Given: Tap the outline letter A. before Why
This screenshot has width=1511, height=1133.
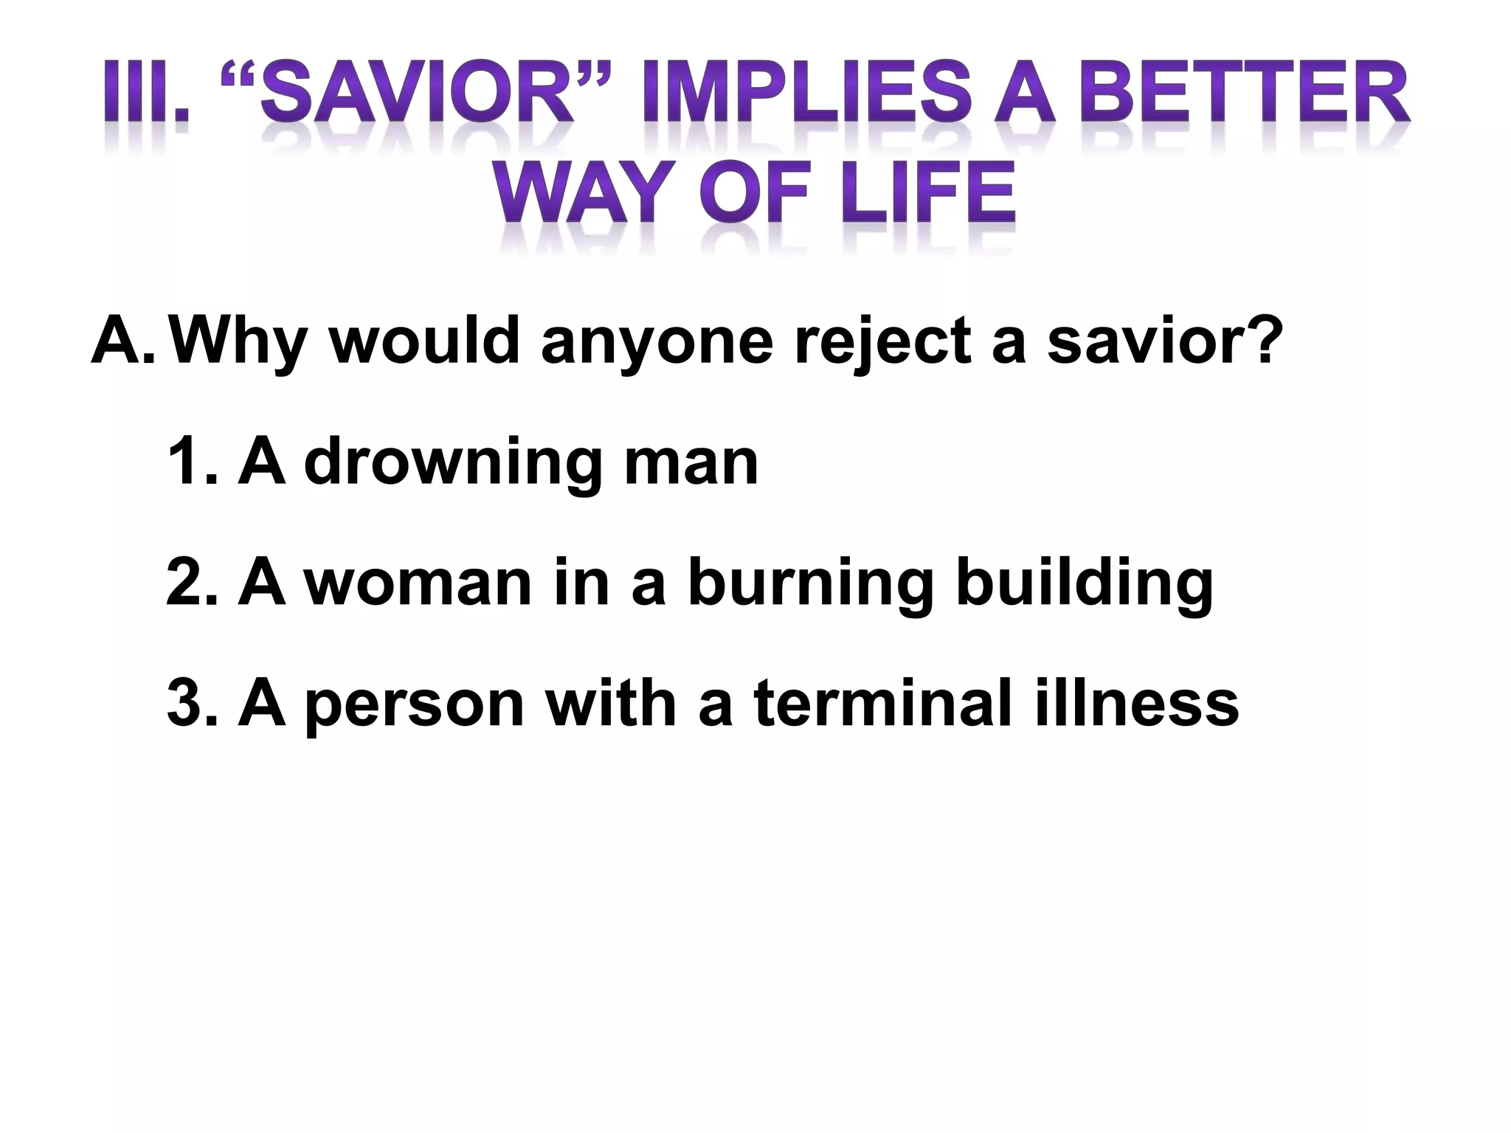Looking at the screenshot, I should coord(122,342).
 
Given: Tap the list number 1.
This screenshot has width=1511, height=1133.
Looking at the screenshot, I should coord(193,462).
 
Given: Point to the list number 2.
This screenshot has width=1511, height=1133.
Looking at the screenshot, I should coord(193,583).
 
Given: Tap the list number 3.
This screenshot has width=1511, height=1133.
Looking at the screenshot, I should coord(193,703).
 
